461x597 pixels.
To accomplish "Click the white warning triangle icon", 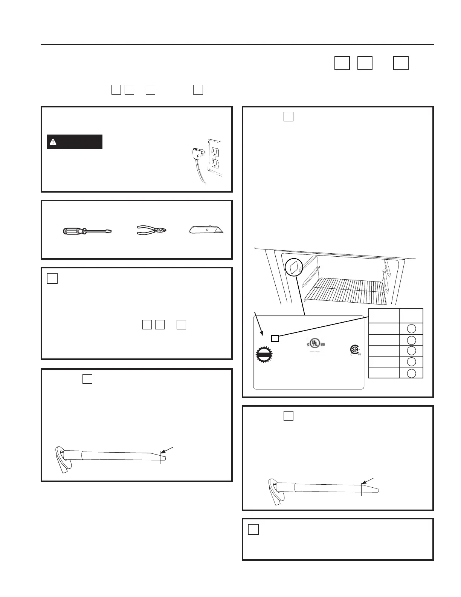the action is pos(53,142).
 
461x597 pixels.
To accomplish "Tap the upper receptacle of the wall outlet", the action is pos(215,152).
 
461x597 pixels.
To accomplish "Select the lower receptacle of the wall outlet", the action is pos(215,164).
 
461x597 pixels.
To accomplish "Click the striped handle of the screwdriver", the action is pos(72,231).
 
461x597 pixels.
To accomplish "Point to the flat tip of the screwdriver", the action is pos(110,231).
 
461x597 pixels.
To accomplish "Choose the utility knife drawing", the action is pos(206,230).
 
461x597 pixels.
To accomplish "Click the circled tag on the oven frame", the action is pos(294,268).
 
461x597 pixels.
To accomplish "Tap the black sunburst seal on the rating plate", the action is pos(264,355).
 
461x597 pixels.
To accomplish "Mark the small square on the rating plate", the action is pos(275,338).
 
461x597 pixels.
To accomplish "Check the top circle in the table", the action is pos(412,328).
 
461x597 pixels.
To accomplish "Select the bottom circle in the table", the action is pos(412,373).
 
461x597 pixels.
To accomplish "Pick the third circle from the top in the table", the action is pos(412,351).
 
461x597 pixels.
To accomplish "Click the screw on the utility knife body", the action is pos(207,229).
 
